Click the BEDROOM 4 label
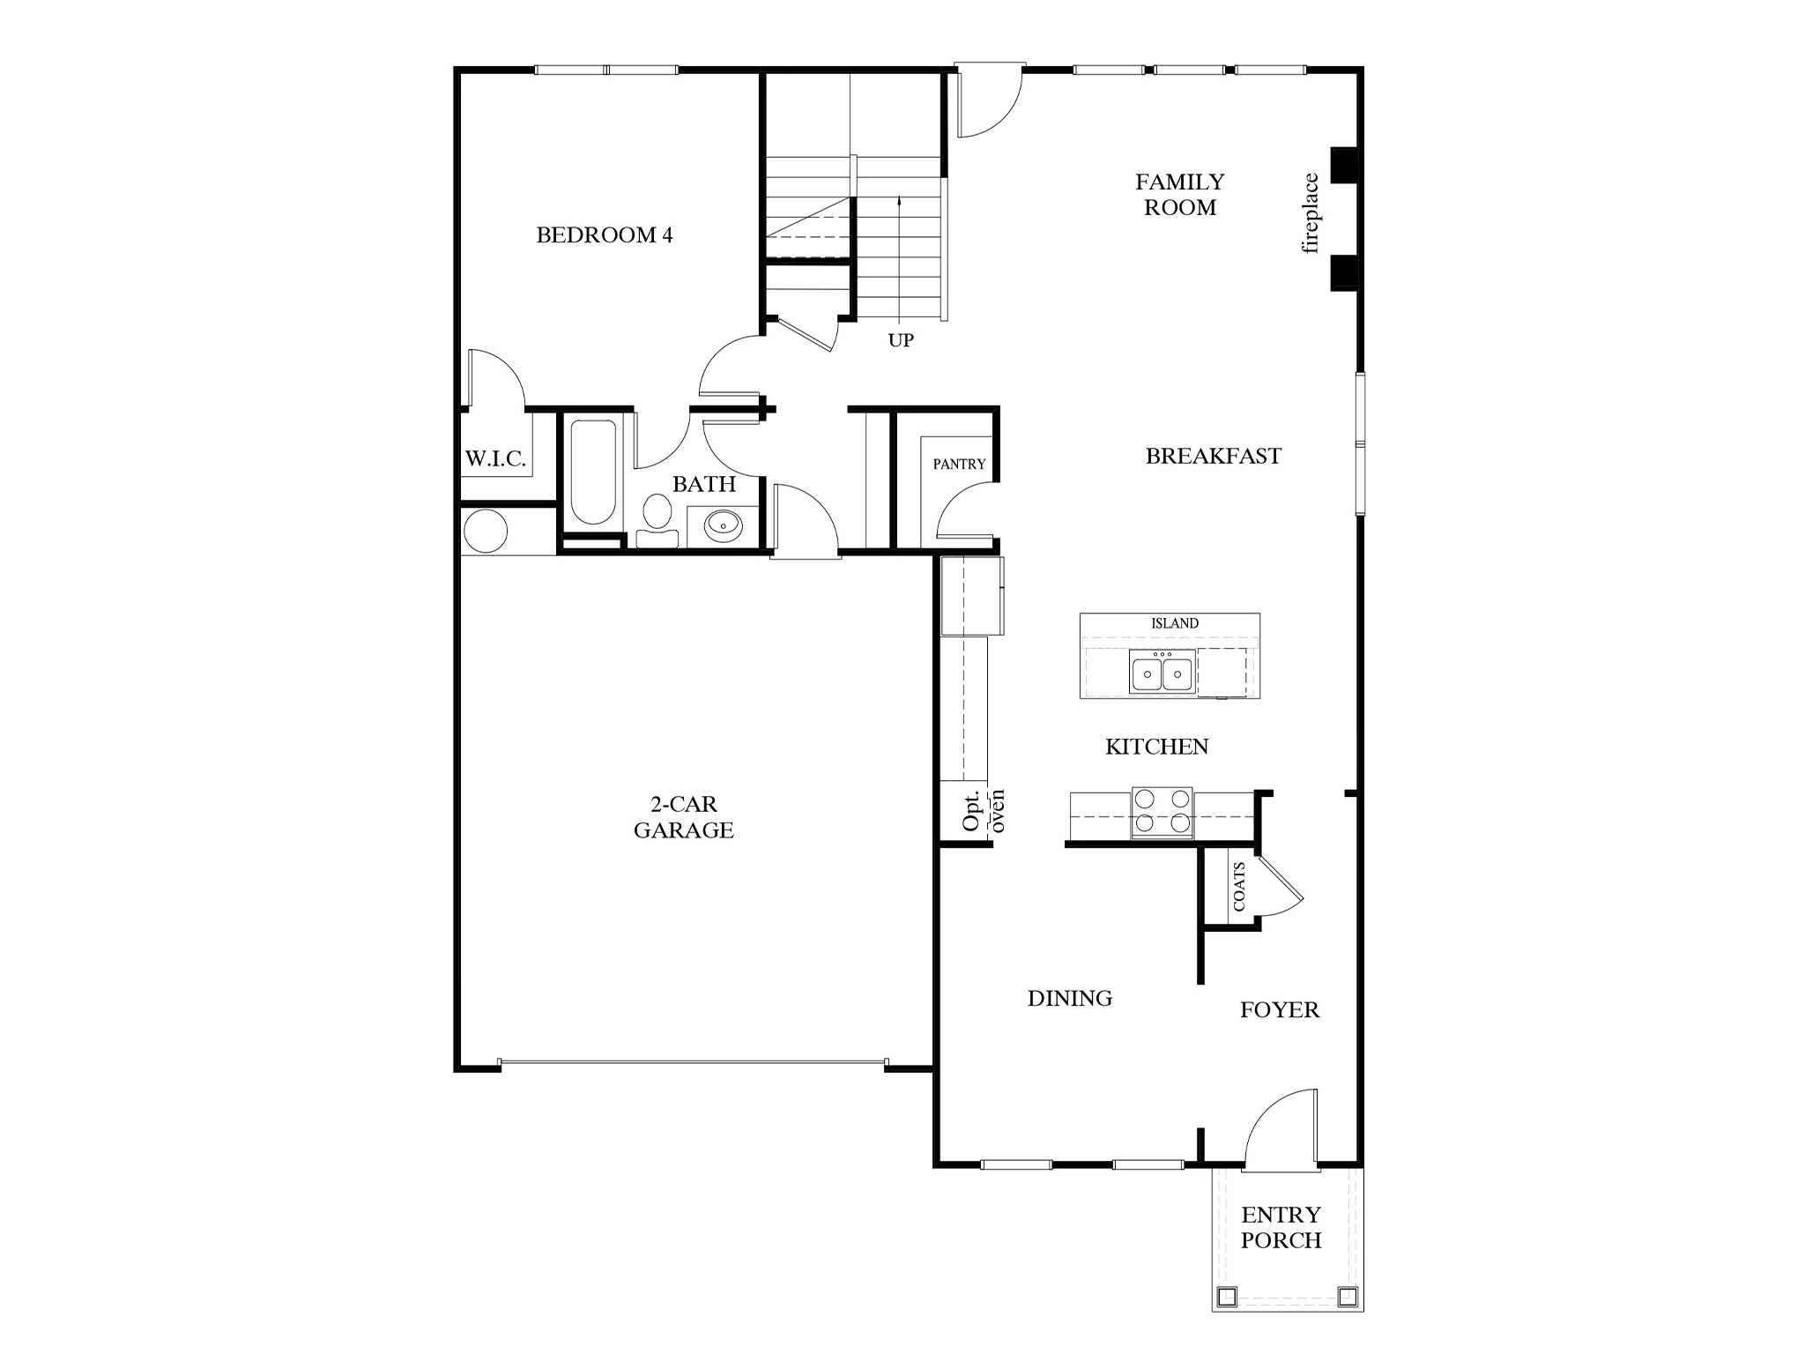(604, 235)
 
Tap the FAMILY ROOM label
(1179, 195)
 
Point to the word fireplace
(1311, 213)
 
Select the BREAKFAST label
(1213, 456)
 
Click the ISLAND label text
(1174, 623)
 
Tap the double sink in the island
(1162, 674)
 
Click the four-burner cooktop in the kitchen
(1162, 812)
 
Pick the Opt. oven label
(982, 810)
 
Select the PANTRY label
(959, 464)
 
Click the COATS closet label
(1239, 886)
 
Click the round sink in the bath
(724, 526)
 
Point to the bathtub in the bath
(592, 472)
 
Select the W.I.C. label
(495, 458)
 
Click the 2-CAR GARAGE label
(683, 817)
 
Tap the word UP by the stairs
(901, 340)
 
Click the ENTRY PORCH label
(1281, 1227)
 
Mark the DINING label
(1069, 998)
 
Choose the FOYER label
(1279, 1010)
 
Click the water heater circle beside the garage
(485, 532)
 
